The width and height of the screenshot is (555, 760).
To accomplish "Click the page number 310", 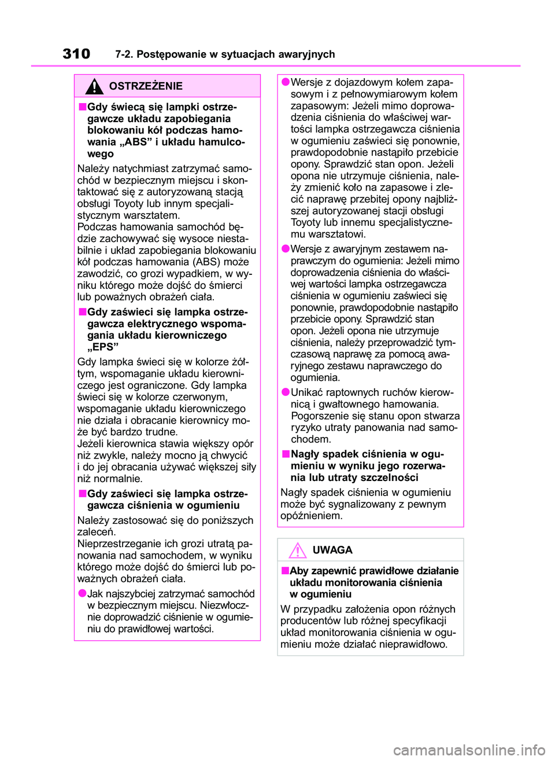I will (x=76, y=54).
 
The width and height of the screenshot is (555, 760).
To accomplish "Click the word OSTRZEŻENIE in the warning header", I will (x=146, y=86).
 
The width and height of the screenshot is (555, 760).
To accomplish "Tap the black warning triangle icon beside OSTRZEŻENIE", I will (x=94, y=86).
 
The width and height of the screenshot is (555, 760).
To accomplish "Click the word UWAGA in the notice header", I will (x=332, y=550).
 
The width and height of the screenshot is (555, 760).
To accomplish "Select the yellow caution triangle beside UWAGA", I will (x=298, y=550).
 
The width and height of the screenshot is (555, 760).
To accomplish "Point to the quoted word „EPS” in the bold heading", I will (x=103, y=347).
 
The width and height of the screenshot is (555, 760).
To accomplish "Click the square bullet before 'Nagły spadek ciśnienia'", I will (x=286, y=454).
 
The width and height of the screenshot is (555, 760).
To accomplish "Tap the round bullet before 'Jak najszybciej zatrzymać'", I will (x=83, y=593).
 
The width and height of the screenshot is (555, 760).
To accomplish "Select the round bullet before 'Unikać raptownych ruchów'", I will (x=286, y=392).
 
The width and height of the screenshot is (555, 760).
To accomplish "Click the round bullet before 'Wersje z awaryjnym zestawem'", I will (x=286, y=248).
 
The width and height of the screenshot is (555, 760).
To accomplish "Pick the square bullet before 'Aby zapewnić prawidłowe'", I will (x=285, y=571).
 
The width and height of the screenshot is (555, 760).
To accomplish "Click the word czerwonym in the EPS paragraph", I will (x=202, y=397).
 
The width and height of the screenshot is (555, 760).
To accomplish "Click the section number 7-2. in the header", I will (x=124, y=54).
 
